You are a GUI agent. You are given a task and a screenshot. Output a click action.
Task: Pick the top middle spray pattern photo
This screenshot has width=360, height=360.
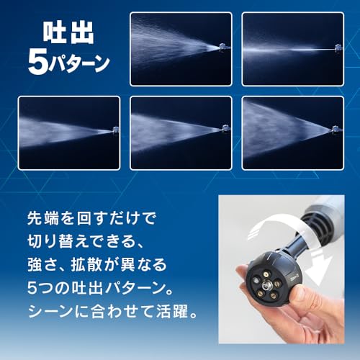point(181,48)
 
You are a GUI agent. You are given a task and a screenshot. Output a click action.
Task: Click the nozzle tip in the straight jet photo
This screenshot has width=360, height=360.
point(337,48)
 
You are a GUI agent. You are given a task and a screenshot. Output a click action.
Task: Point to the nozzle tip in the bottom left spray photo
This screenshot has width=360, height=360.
point(113,130)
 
